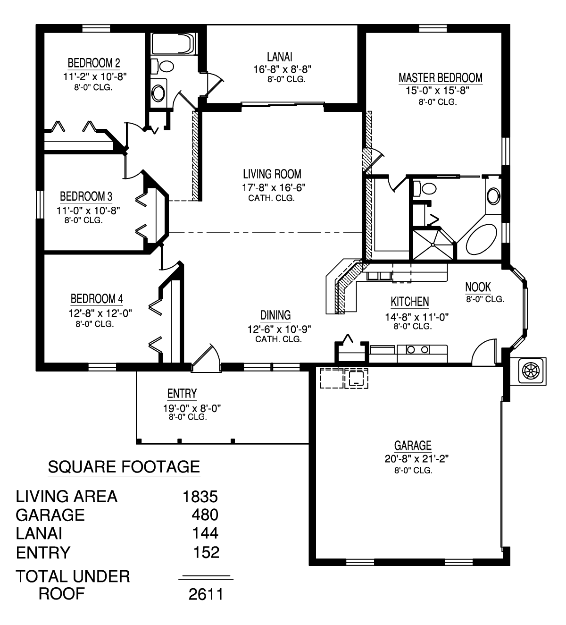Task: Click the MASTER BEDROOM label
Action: pos(440,77)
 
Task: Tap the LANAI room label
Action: pos(280,57)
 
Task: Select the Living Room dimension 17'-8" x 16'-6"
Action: pos(274,187)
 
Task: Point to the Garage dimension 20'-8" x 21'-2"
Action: pos(416,459)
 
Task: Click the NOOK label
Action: pos(478,287)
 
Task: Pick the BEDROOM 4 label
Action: pos(97,299)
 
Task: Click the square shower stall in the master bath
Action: pos(433,245)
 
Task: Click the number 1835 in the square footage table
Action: pos(200,497)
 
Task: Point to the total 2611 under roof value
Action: pos(206,594)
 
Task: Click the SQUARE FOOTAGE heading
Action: pos(124,467)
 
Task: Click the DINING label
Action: pos(275,315)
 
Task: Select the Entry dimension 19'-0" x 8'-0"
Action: pos(192,408)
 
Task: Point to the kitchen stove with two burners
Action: pos(417,350)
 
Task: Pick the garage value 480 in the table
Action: pos(205,515)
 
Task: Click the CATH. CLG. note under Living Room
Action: pos(271,198)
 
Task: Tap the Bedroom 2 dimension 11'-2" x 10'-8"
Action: pos(95,76)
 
